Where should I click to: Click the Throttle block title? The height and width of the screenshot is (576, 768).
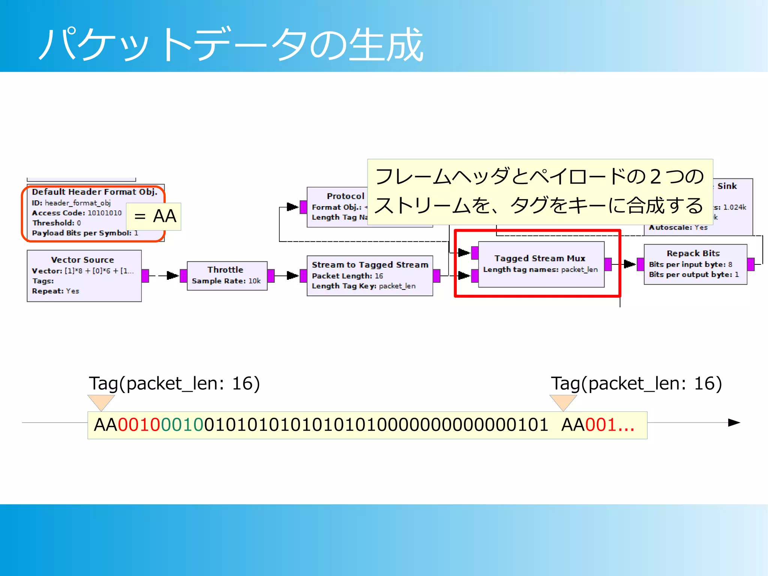(225, 270)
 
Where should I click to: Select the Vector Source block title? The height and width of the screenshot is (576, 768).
(82, 259)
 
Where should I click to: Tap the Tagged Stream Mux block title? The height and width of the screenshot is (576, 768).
(540, 258)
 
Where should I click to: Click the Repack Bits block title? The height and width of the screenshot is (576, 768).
(693, 253)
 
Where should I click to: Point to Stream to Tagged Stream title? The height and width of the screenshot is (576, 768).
(370, 265)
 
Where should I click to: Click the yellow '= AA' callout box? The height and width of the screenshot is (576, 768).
(154, 216)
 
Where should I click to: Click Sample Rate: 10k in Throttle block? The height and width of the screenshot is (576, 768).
(226, 281)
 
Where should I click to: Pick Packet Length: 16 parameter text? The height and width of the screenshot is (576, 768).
(347, 276)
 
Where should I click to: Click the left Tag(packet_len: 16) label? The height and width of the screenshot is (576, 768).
(174, 383)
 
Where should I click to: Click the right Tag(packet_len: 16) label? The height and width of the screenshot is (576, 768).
(636, 383)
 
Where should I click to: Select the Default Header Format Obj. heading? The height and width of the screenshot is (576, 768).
(94, 192)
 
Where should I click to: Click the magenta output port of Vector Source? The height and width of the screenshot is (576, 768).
(145, 276)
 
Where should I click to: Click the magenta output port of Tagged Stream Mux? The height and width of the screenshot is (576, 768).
(608, 264)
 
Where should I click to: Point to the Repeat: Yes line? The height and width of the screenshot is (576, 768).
(55, 291)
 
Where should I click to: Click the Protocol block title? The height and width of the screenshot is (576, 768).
(345, 196)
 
